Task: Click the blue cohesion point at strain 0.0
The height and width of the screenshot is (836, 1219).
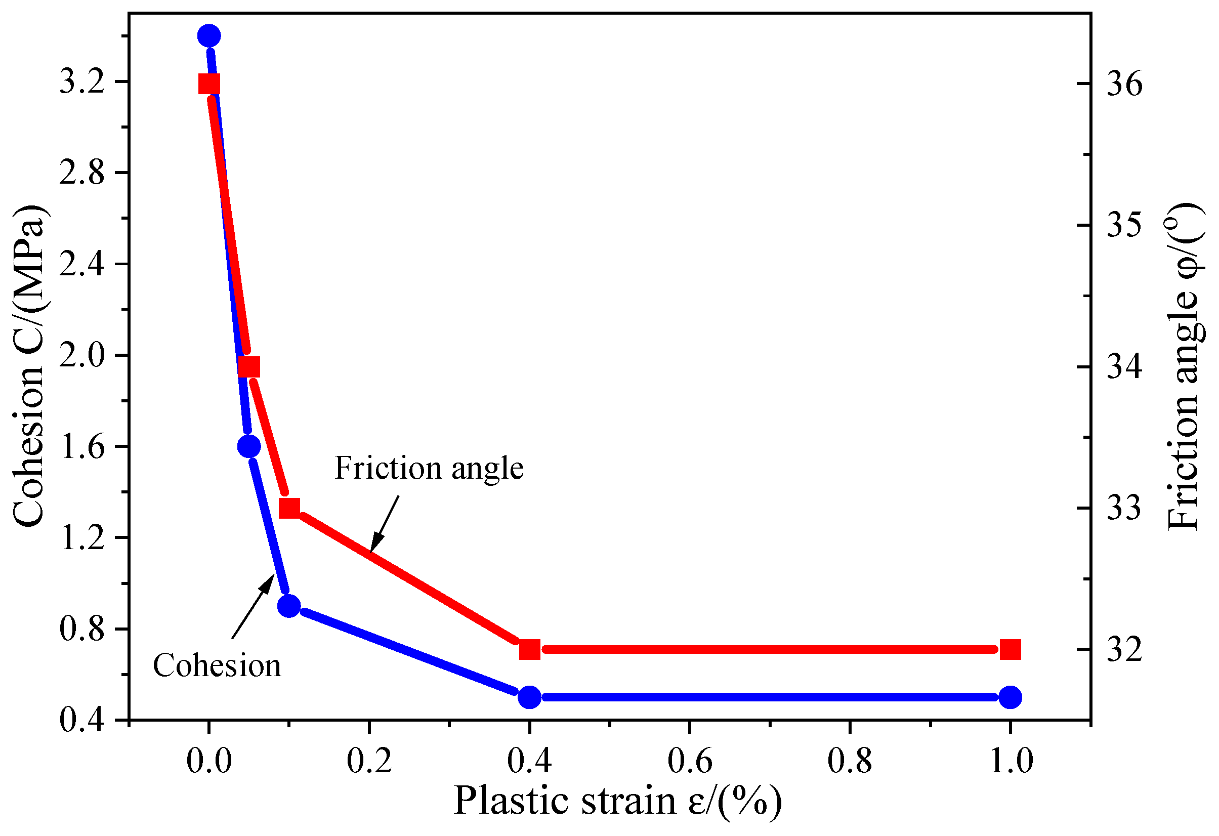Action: [x=209, y=35]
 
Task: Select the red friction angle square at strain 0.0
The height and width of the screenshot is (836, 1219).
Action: [x=209, y=84]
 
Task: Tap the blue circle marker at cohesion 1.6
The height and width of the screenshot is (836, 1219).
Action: [x=248, y=446]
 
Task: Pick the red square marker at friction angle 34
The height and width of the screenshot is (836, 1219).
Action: [x=249, y=366]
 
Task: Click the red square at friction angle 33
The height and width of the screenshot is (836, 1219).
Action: [x=289, y=508]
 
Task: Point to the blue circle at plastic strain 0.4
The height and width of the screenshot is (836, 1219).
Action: [x=530, y=697]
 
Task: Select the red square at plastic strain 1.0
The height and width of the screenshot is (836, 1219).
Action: [x=1010, y=649]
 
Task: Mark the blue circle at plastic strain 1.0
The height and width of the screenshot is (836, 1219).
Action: [x=1010, y=697]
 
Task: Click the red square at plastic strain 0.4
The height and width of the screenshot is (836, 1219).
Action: [x=530, y=649]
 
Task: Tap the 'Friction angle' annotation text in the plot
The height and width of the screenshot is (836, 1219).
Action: [x=429, y=468]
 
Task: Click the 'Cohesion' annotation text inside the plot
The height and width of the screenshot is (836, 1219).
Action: [x=217, y=666]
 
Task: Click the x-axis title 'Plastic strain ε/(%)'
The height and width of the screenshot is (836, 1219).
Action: [x=617, y=801]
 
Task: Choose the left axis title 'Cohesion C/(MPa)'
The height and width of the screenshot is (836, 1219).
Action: [x=29, y=365]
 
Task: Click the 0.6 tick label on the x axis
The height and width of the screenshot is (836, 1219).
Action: [x=689, y=761]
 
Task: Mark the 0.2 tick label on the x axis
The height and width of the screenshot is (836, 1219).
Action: [x=369, y=761]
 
